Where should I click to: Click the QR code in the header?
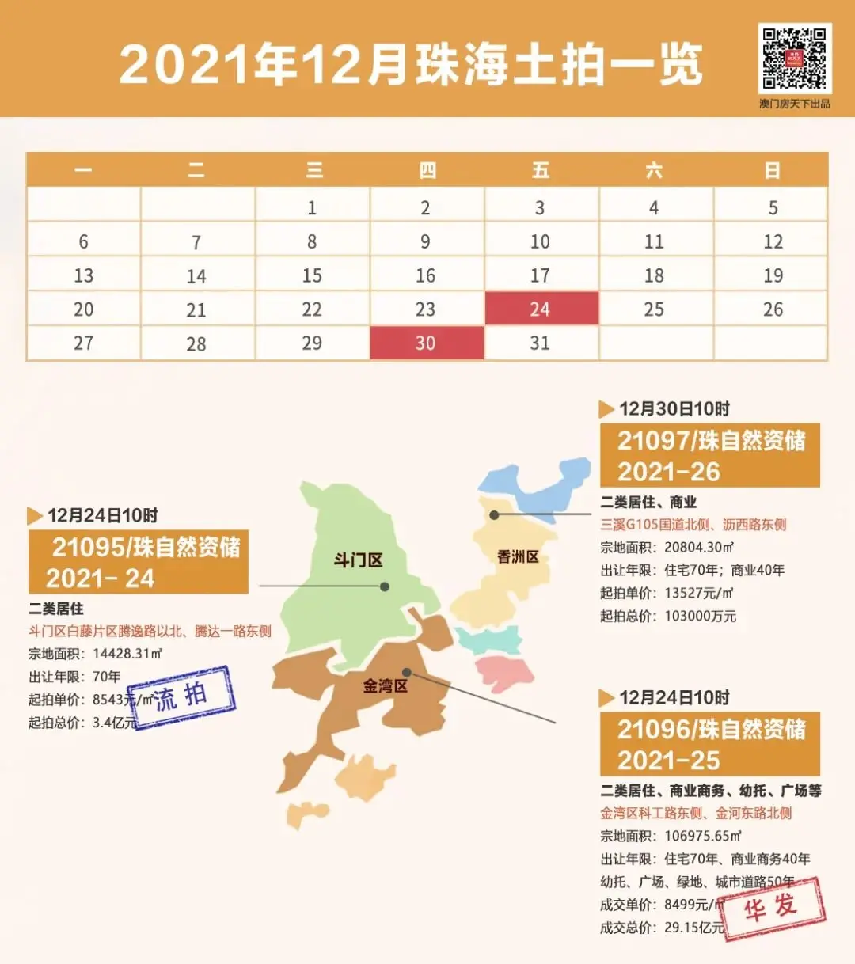coord(794,59)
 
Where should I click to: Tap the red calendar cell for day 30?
coord(427,343)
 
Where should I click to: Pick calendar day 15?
coord(312,275)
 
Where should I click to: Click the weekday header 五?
coord(541,170)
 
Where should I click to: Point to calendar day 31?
coord(540,343)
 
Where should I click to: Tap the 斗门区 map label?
coord(358,560)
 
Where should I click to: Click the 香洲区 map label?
coord(518,557)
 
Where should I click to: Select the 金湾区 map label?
coord(385,685)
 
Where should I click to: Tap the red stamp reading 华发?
coord(771,907)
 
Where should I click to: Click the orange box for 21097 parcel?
coord(709,455)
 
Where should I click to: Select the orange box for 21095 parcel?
coord(139,562)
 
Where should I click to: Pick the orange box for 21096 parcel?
coord(709,744)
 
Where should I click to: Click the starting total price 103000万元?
coord(700,616)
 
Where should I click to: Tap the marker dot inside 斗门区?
coord(385,586)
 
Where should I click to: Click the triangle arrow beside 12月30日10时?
coord(606,409)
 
